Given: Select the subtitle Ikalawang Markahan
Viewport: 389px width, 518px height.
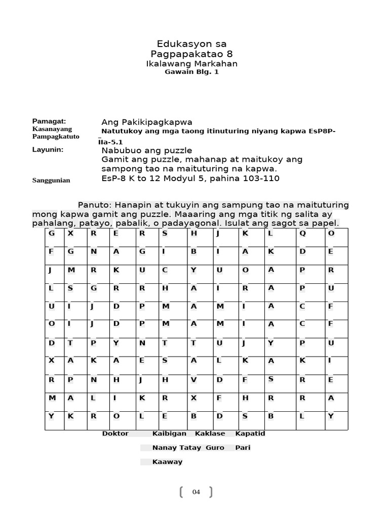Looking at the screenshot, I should pos(191,64).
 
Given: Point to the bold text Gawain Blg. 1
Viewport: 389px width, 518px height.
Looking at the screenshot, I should pos(191,72).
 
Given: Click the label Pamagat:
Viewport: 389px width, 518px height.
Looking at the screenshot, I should pos(49,121).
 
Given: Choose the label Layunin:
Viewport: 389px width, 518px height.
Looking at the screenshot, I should pos(48,150).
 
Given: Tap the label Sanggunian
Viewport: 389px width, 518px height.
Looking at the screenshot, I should pos(51,180).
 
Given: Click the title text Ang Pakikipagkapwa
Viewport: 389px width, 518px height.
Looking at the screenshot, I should pos(147,122).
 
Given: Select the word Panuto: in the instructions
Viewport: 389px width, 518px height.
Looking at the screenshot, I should pos(95,205).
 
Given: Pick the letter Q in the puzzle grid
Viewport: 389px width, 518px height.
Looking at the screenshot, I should pos(302,233).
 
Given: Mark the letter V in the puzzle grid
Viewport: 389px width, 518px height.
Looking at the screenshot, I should pos(193,379).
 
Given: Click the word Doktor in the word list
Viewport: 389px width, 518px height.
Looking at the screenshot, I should pos(115,434).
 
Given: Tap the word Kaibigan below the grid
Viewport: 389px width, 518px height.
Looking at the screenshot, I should pos(169,434).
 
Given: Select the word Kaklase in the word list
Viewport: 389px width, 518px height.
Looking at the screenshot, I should pos(210,434).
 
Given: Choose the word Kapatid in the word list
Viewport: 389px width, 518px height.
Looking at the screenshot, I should pos(250,434).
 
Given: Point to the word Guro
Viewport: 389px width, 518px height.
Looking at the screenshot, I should pos(215,448).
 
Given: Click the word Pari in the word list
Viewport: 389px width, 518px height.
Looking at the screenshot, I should pos(243,448).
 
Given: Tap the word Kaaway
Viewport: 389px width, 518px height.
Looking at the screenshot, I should pos(167,462).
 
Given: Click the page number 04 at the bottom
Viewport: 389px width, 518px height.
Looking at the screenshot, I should pos(197,492).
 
